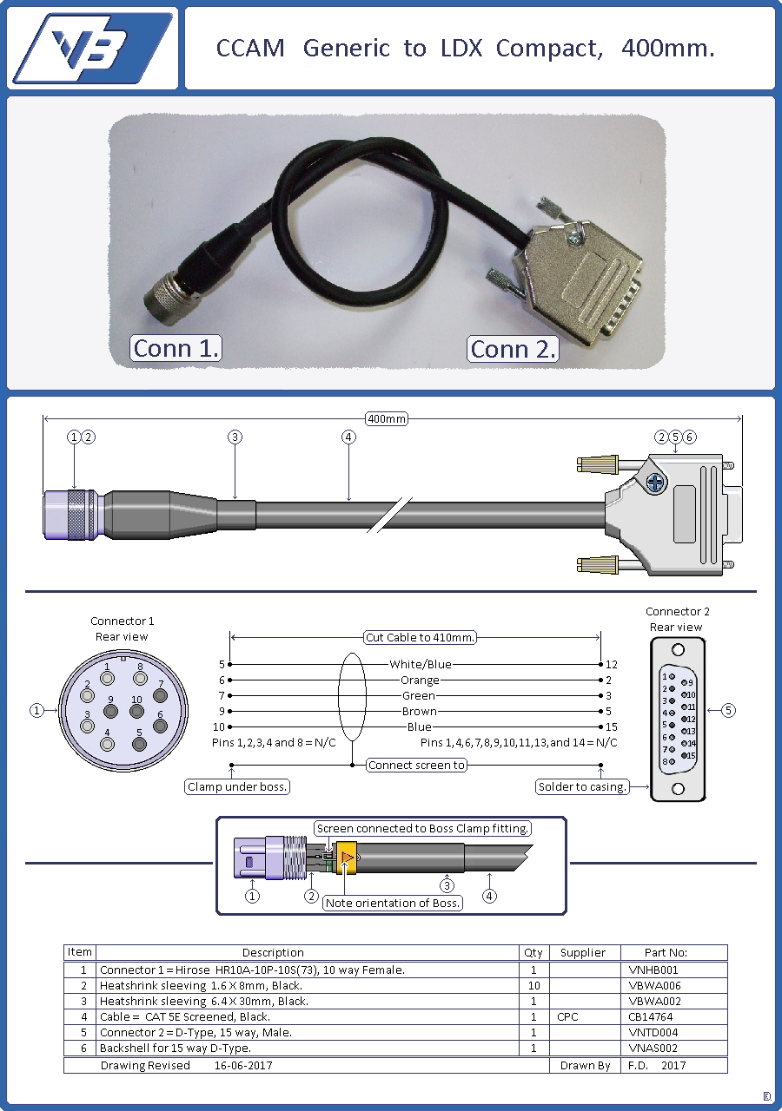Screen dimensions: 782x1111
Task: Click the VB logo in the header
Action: click(93, 48)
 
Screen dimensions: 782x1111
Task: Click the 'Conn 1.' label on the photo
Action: click(176, 348)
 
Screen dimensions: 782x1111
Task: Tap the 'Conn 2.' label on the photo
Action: click(513, 349)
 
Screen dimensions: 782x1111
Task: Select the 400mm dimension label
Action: click(387, 418)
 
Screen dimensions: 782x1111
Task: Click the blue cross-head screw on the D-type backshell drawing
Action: click(655, 482)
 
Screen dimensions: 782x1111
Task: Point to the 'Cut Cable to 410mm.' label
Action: click(420, 637)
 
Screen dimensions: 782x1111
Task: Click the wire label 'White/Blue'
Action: click(420, 664)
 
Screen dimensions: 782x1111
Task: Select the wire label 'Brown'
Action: click(420, 711)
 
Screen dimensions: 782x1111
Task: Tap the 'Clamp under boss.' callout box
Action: click(237, 786)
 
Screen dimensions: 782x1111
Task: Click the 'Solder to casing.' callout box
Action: click(582, 786)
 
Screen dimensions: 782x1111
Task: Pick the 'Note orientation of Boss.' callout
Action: click(393, 904)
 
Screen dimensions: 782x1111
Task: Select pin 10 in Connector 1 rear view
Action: click(136, 711)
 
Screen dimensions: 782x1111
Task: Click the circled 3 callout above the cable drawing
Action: click(235, 437)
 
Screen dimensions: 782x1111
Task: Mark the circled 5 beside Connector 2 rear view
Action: click(728, 710)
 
